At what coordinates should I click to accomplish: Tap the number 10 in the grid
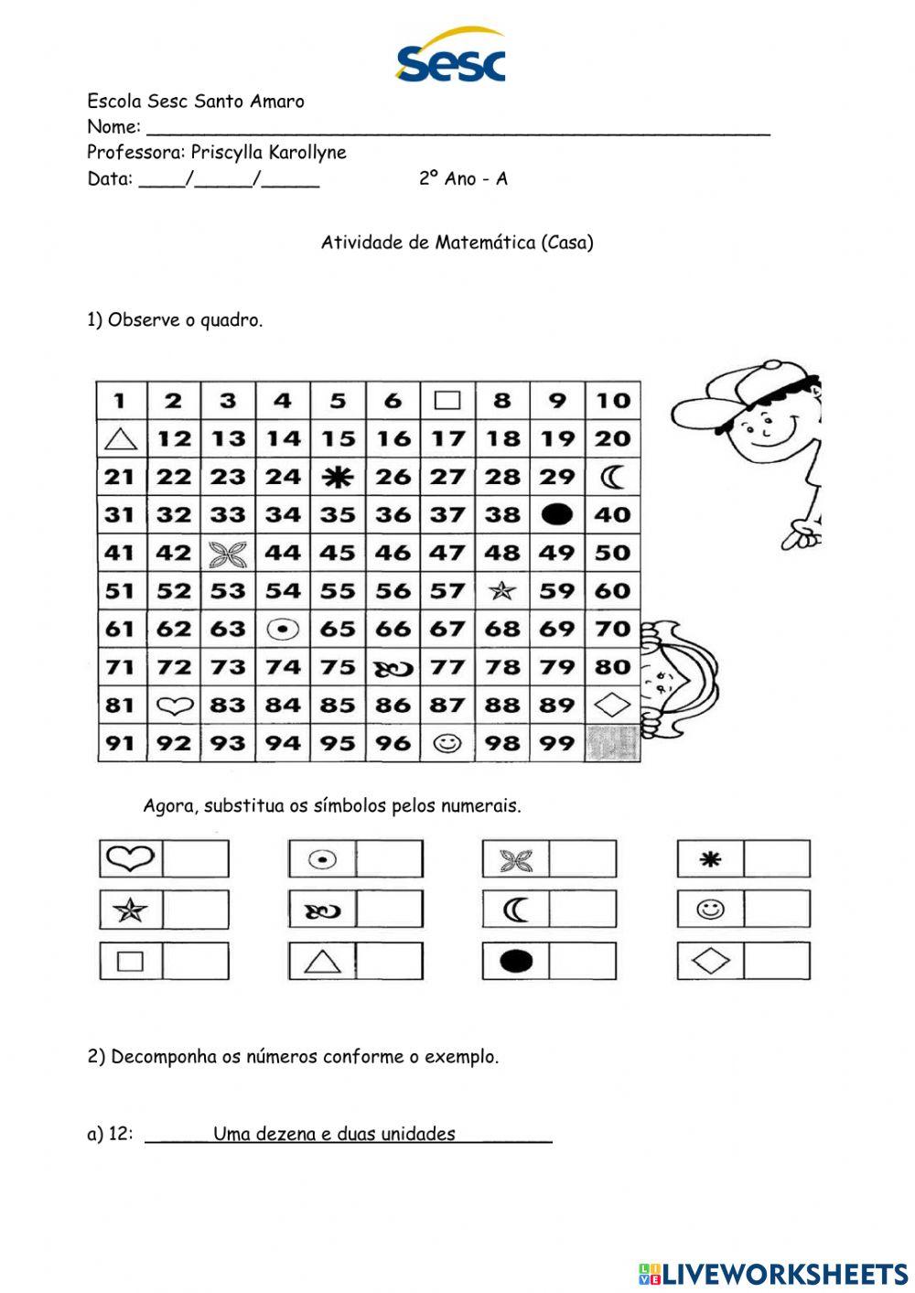[x=613, y=401]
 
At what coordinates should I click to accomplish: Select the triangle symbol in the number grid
[x=120, y=439]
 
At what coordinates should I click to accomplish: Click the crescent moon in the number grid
[x=613, y=477]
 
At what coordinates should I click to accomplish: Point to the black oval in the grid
[x=557, y=515]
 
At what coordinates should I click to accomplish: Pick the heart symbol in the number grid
[x=174, y=706]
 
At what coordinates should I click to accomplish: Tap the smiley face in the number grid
[x=447, y=743]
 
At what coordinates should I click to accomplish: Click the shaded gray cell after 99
[x=613, y=743]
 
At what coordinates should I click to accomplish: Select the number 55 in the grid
[x=338, y=591]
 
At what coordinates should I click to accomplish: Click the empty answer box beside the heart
[x=196, y=859]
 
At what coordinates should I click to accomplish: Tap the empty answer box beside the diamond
[x=777, y=961]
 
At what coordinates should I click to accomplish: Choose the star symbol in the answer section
[x=131, y=910]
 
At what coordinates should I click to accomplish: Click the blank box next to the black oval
[x=583, y=961]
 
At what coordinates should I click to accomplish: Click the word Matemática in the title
[x=485, y=242]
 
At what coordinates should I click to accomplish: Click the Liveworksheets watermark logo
[x=773, y=1273]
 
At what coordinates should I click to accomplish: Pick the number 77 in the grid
[x=447, y=667]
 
